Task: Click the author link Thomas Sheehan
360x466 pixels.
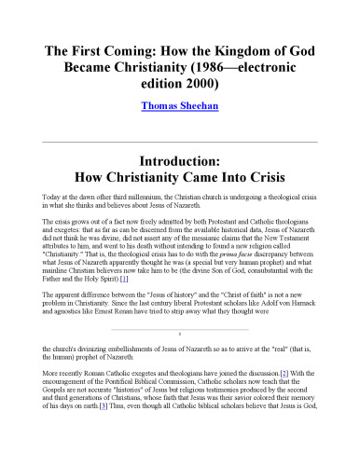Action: coord(179,107)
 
